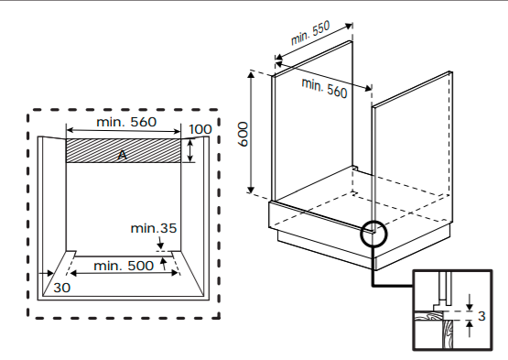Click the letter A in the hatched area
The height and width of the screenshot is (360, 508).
(122, 155)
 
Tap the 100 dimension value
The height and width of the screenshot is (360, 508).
(200, 129)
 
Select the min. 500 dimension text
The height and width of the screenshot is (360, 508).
(124, 266)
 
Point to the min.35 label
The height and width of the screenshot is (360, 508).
(154, 228)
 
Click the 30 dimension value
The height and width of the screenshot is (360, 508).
(61, 288)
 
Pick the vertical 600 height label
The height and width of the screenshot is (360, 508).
(243, 134)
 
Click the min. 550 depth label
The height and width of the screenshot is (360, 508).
(310, 33)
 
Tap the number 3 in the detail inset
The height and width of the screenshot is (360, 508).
(481, 316)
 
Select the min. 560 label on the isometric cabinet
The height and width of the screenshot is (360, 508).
(324, 88)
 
